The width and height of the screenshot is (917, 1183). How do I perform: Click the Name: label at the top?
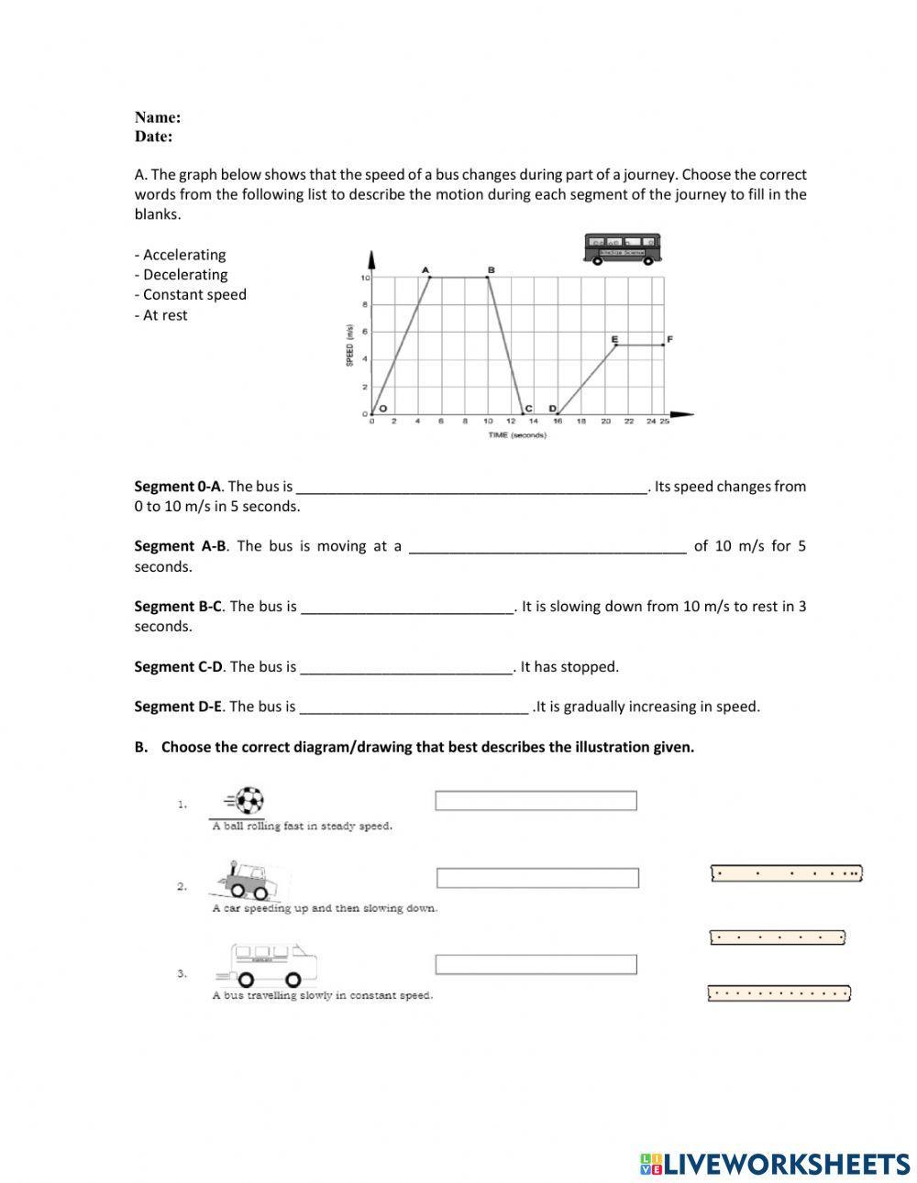pyautogui.click(x=157, y=117)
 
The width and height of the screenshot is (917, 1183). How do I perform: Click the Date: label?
pyautogui.click(x=153, y=137)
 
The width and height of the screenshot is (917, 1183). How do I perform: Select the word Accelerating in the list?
pyautogui.click(x=183, y=255)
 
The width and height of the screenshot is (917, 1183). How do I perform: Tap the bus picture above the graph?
pyautogui.click(x=623, y=248)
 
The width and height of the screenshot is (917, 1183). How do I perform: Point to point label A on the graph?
pyautogui.click(x=425, y=269)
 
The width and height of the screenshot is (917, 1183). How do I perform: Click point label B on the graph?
pyautogui.click(x=491, y=269)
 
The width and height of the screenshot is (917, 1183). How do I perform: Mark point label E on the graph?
pyautogui.click(x=614, y=339)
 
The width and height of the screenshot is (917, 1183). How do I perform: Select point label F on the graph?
pyautogui.click(x=669, y=339)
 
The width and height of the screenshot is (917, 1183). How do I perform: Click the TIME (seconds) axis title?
pyautogui.click(x=517, y=435)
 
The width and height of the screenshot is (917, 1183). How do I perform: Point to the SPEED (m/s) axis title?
pyautogui.click(x=349, y=345)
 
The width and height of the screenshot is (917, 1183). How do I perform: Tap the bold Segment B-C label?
pyautogui.click(x=178, y=607)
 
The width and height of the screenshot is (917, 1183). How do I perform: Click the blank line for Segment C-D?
pyautogui.click(x=405, y=668)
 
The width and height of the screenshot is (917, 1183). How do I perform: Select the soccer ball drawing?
pyautogui.click(x=248, y=802)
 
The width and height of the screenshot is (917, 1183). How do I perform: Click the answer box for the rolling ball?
pyautogui.click(x=536, y=802)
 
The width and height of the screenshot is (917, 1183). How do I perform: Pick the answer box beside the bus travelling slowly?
pyautogui.click(x=536, y=965)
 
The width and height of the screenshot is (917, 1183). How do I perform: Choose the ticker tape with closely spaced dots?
pyautogui.click(x=779, y=992)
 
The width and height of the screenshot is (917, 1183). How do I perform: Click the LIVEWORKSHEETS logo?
pyautogui.click(x=775, y=1164)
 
